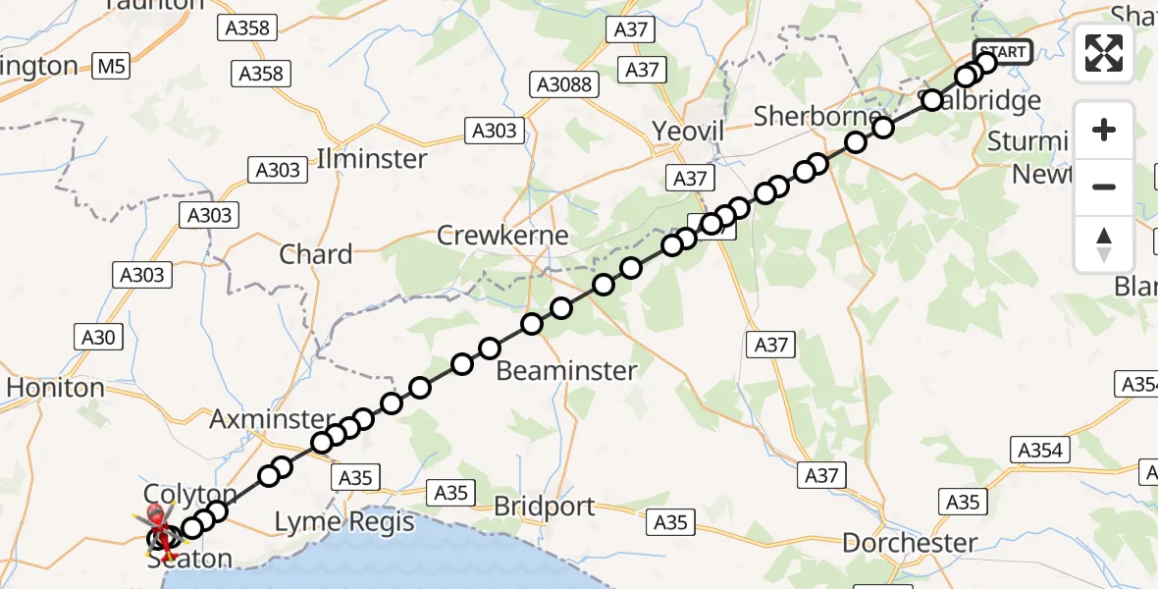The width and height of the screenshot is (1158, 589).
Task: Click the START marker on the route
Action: click(1001, 52)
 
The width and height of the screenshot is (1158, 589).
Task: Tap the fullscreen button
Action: click(1104, 53)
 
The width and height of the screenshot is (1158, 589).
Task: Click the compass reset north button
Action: click(1104, 244)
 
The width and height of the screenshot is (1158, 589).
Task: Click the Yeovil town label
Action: click(688, 132)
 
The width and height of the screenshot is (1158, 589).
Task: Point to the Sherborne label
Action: click(817, 116)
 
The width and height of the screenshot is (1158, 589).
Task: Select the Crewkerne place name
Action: click(502, 236)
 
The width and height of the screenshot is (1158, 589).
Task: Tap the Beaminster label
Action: click(566, 370)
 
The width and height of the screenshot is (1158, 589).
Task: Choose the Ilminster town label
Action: click(372, 158)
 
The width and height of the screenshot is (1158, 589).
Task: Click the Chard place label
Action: click(316, 254)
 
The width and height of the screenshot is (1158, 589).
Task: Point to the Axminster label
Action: click(258, 420)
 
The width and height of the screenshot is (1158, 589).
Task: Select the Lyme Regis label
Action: click(343, 521)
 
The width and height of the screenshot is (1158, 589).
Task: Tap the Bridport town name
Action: click(545, 507)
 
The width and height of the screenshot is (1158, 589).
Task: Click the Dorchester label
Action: click(910, 542)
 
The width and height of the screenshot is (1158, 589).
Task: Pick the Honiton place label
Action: click(55, 388)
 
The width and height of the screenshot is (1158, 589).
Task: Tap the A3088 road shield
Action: click(564, 84)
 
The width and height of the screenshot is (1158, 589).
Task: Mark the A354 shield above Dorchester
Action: click(1040, 450)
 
